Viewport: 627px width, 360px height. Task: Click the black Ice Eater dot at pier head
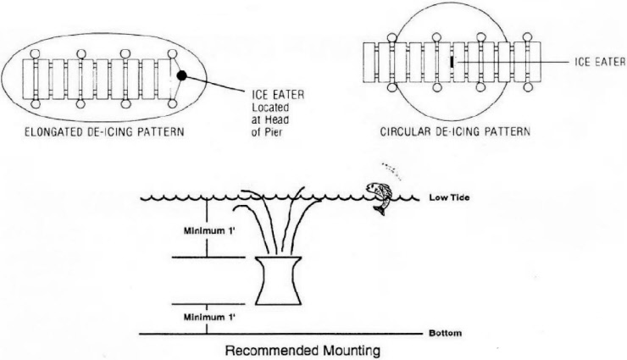tap(181, 75)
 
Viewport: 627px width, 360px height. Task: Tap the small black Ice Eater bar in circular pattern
tap(452, 62)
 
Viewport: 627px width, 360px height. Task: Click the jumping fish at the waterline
tap(380, 197)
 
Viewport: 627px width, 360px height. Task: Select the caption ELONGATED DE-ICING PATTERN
tap(104, 132)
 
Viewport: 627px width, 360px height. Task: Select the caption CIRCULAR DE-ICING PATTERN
tap(455, 131)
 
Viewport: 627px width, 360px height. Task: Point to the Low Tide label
tap(449, 197)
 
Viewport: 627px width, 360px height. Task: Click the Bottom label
tap(445, 333)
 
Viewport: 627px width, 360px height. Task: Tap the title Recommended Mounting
tap(302, 351)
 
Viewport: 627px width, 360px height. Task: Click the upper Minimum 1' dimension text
tap(209, 230)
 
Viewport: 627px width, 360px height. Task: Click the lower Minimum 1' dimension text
tap(209, 318)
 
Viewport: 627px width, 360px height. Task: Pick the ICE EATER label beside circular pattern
tap(600, 62)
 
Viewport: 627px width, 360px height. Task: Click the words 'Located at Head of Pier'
tap(270, 120)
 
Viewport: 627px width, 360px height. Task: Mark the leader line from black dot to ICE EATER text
tap(215, 85)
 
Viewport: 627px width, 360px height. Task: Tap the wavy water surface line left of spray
tap(188, 197)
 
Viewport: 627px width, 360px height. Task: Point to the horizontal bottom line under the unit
tap(280, 333)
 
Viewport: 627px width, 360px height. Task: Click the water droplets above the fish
tap(391, 169)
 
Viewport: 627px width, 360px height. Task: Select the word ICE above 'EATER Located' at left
tap(259, 95)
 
